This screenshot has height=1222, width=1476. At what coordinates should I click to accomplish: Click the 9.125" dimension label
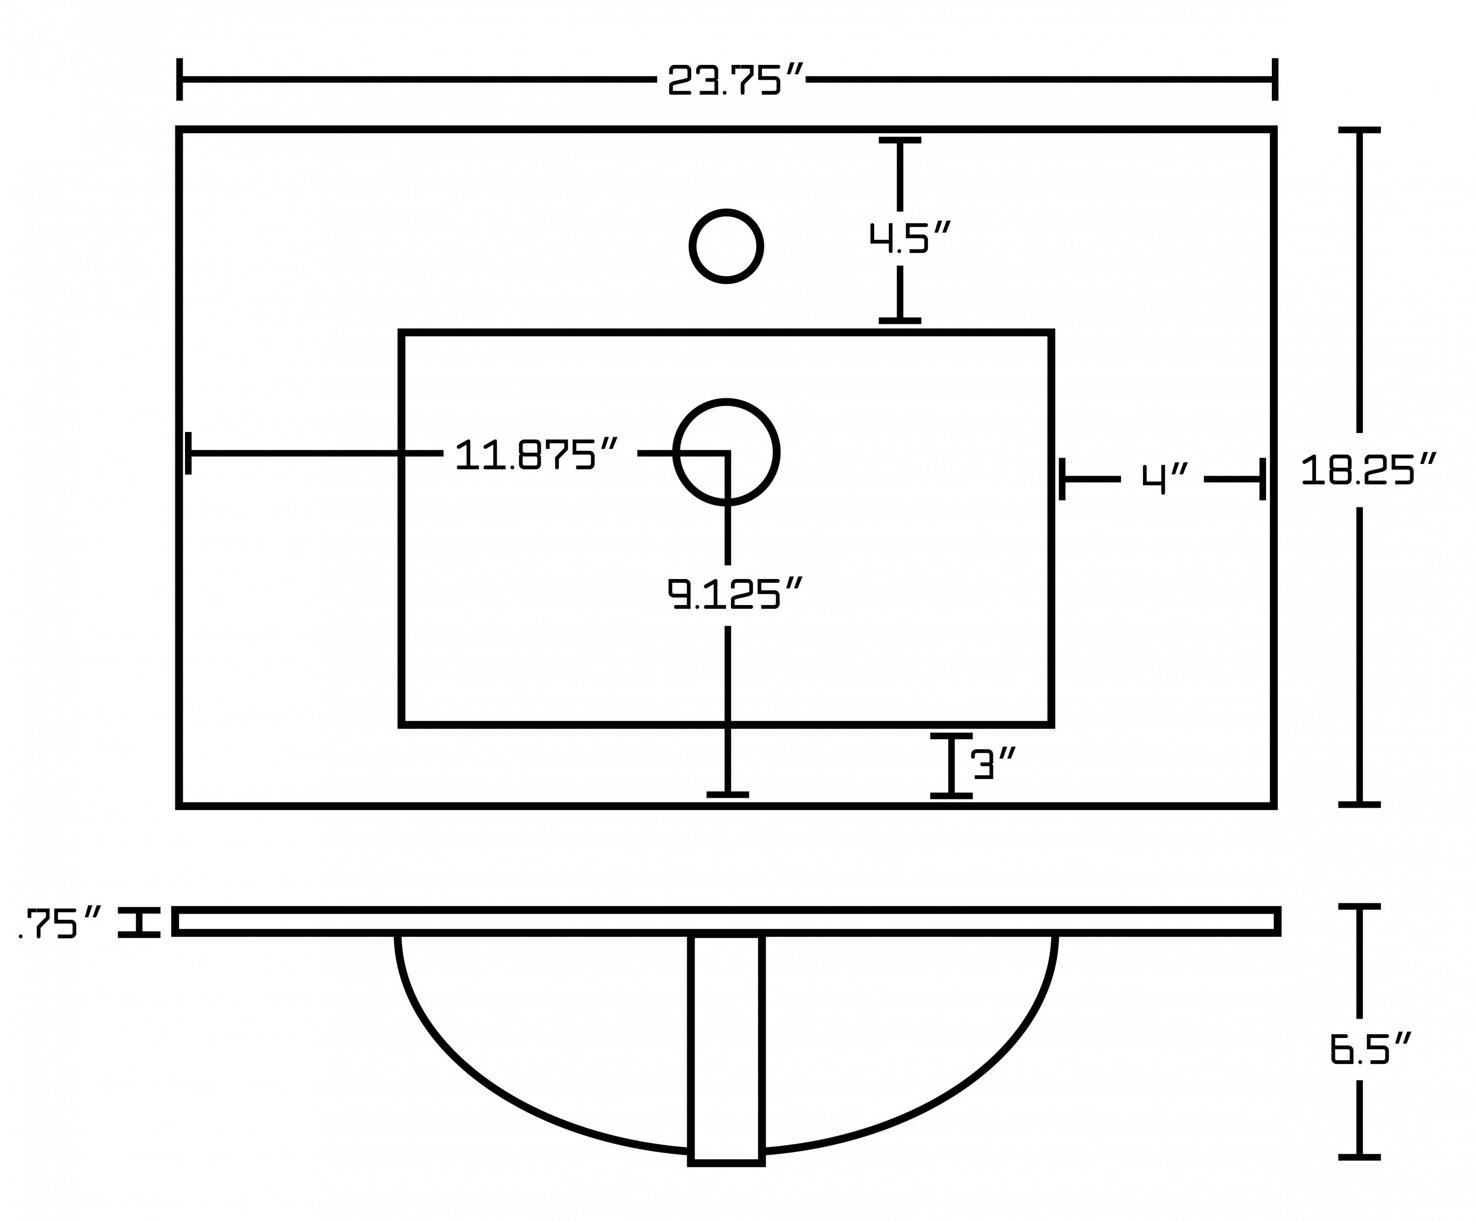point(735,593)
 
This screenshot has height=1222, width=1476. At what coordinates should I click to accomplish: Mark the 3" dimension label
point(994,764)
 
